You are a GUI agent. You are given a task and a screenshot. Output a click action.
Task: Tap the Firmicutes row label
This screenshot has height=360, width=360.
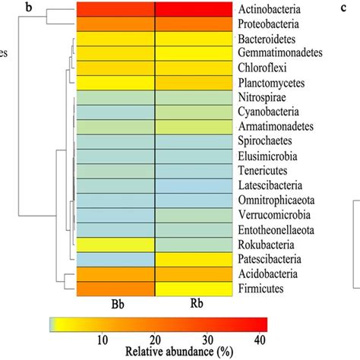(265, 286)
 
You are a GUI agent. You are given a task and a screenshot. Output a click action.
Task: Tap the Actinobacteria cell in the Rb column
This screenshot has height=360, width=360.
(194, 9)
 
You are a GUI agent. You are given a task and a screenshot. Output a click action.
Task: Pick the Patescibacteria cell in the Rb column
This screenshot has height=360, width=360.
(194, 258)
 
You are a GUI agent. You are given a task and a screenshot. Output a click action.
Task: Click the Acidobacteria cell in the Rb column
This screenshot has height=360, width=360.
(194, 273)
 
